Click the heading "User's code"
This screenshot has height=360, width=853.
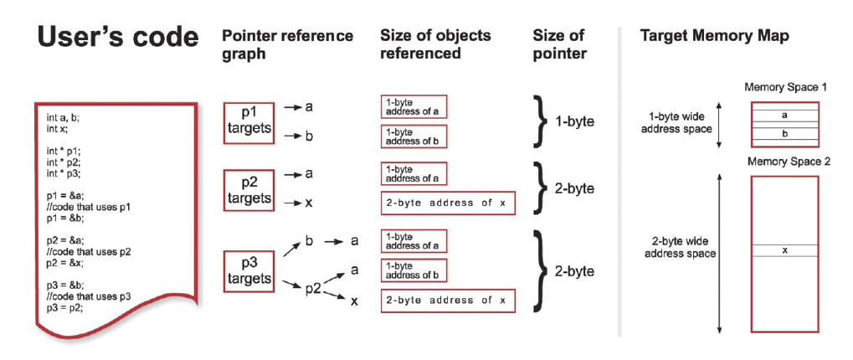(x=117, y=38)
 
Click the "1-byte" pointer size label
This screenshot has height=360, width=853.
(x=575, y=121)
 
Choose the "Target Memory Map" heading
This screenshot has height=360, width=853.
(x=714, y=37)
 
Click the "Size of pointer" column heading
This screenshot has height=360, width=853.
(x=559, y=45)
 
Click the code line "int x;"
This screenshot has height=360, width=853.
(x=57, y=130)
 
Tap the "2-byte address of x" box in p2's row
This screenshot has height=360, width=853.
(x=447, y=203)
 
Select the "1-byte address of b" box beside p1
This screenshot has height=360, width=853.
(x=414, y=136)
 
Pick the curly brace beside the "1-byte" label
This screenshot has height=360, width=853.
(x=540, y=121)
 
